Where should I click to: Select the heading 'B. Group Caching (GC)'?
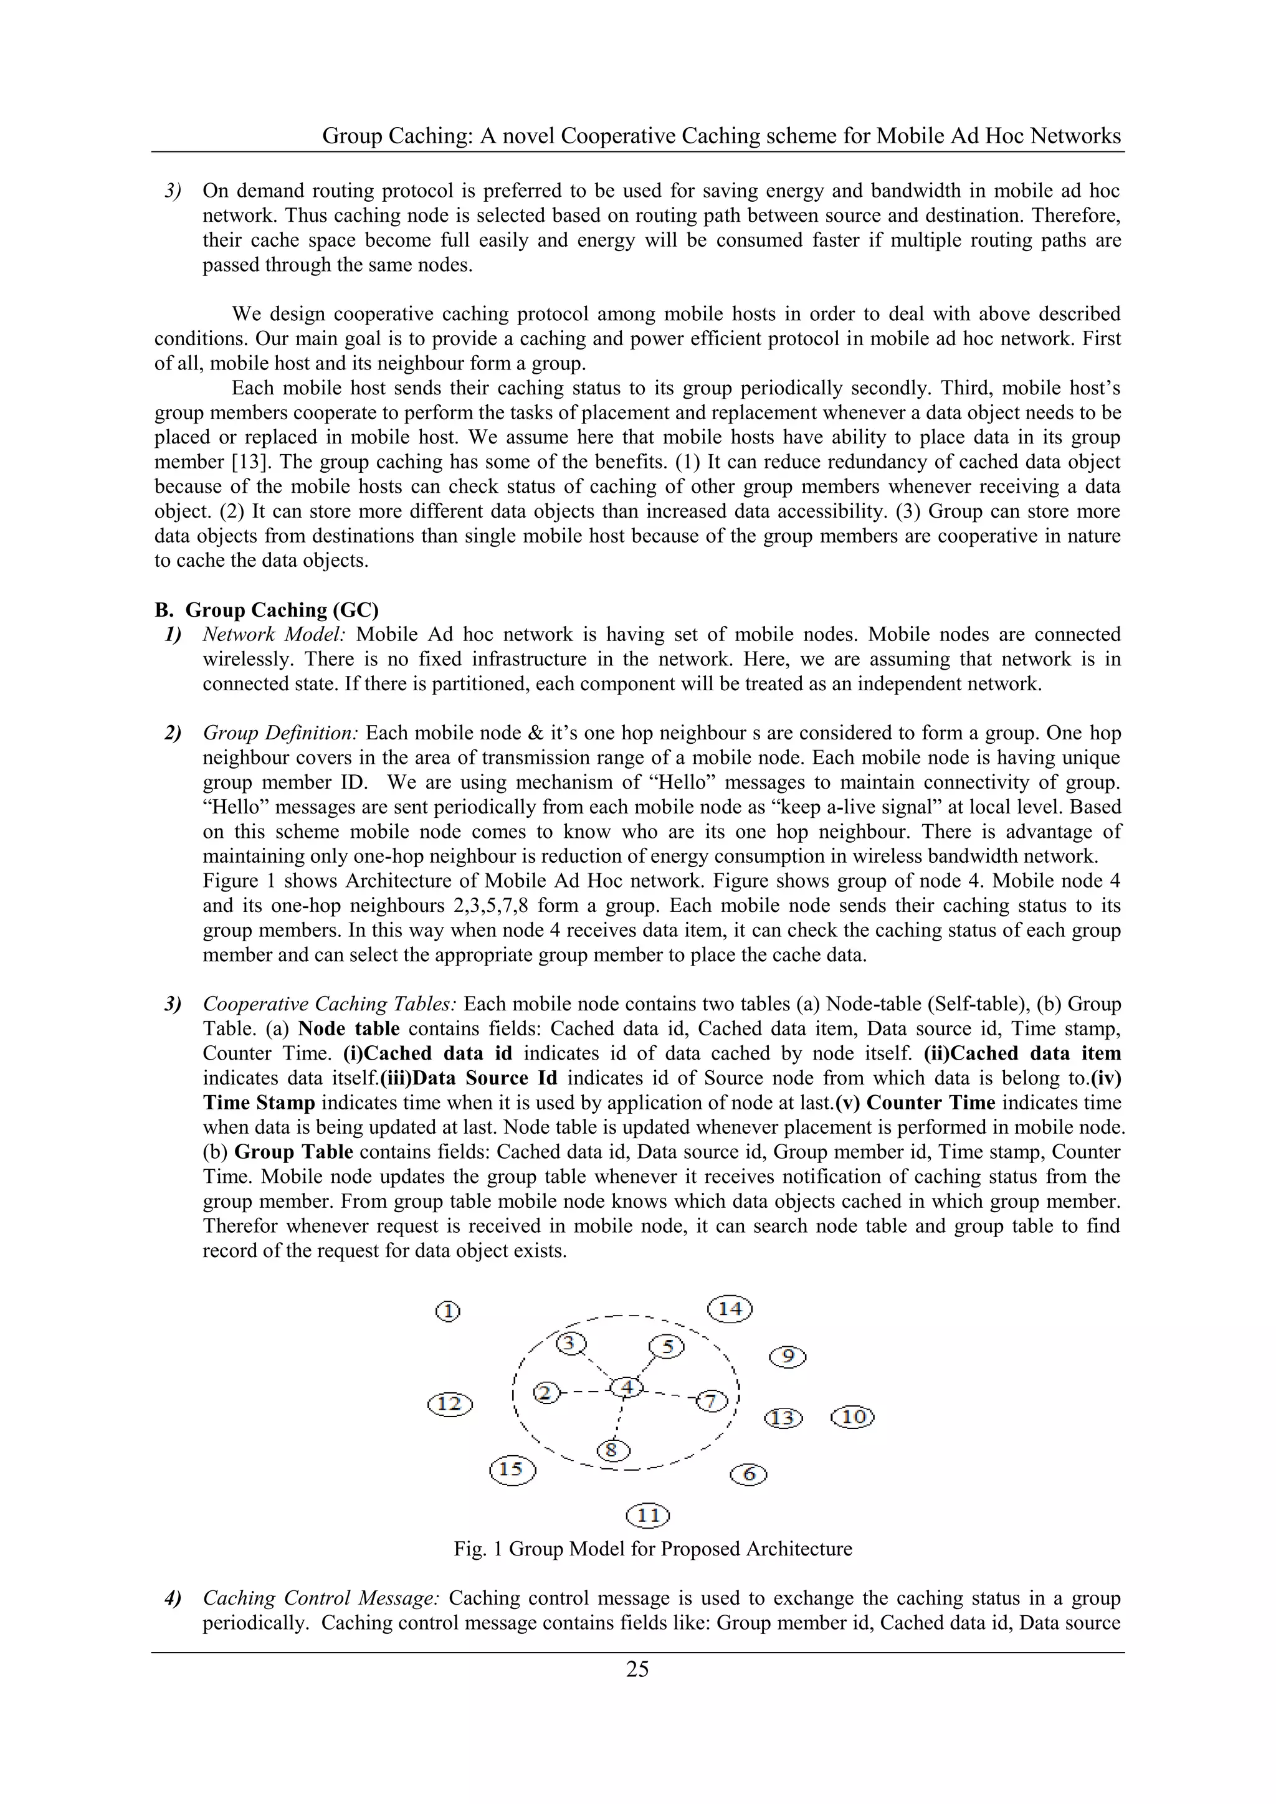click(x=267, y=610)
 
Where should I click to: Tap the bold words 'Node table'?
click(x=349, y=1028)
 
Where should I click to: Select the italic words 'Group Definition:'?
click(x=280, y=733)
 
